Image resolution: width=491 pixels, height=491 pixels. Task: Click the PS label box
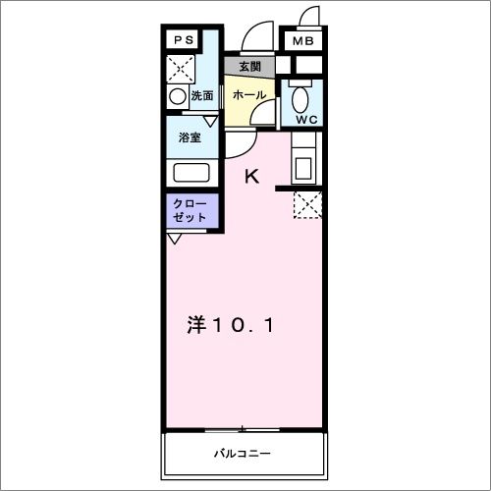coord(183,40)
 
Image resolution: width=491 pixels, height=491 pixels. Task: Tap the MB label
coord(302,41)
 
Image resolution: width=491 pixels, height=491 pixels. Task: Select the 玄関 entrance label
coord(249,67)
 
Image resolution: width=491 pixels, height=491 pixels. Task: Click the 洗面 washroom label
coord(202,96)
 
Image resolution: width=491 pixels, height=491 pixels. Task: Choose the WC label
coord(306,119)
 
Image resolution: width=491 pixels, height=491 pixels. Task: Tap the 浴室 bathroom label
coord(191,137)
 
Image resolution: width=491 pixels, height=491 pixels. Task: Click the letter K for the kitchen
coord(252,177)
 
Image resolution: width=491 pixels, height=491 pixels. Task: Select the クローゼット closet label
coord(191,210)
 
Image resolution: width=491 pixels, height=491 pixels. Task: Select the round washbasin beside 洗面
coord(177,96)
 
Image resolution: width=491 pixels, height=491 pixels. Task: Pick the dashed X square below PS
coord(182,68)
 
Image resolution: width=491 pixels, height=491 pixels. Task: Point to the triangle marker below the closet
coord(174,239)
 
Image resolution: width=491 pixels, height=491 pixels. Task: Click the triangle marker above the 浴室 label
coord(208,120)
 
